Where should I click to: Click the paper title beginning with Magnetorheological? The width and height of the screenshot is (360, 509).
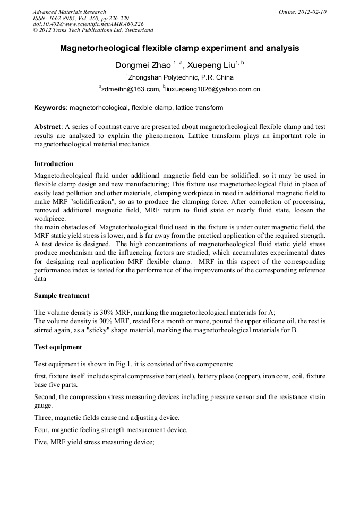click(x=179, y=48)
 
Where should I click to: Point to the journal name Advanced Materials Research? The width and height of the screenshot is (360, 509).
click(x=69, y=12)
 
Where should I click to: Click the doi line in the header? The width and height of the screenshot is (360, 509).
click(x=88, y=24)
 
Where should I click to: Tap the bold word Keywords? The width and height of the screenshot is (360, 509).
click(x=50, y=108)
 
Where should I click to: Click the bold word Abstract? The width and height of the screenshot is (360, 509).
click(x=48, y=127)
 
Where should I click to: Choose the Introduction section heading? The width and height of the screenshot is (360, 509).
click(x=54, y=163)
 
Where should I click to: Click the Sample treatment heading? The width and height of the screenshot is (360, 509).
click(x=62, y=295)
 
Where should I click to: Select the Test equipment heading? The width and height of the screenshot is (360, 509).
click(x=58, y=347)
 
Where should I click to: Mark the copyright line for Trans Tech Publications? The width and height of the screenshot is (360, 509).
click(x=93, y=30)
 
